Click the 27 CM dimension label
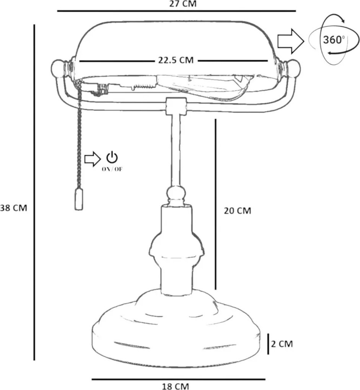[183, 4]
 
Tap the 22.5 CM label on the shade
[176, 60]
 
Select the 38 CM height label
[13, 208]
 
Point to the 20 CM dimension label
[237, 211]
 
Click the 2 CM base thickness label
[282, 344]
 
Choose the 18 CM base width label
[176, 386]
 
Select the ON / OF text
[112, 169]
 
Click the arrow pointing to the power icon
[93, 159]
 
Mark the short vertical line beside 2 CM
[268, 344]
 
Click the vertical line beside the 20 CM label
[215, 204]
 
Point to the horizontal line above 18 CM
[178, 379]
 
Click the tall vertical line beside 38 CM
[34, 192]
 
